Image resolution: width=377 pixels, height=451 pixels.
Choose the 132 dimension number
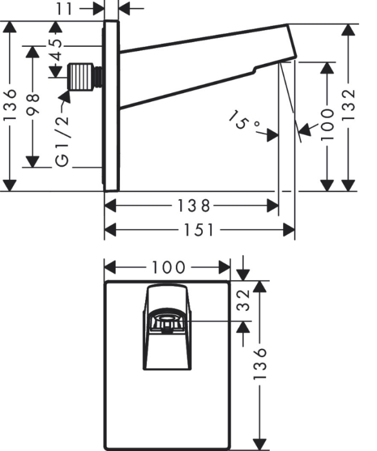(x=349, y=105)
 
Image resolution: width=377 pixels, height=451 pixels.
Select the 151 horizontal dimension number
(x=199, y=230)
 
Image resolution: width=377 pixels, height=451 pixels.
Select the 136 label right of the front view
(x=260, y=364)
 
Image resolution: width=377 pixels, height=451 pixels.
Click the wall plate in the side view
(x=111, y=105)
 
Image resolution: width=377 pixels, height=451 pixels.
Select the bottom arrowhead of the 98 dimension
(x=33, y=162)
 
